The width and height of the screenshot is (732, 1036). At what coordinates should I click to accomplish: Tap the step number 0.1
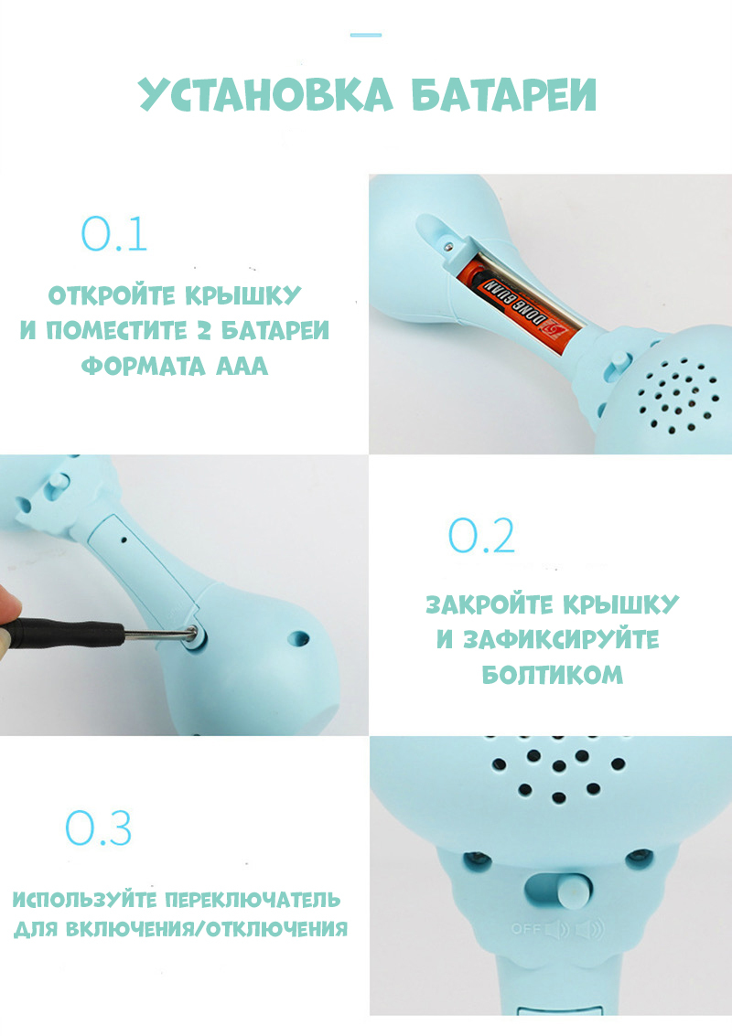(x=113, y=234)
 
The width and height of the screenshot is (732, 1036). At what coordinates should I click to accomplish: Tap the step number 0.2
(x=481, y=535)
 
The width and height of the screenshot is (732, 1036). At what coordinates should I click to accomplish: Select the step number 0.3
(x=99, y=828)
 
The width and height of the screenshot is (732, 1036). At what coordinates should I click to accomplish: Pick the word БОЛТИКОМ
(x=552, y=675)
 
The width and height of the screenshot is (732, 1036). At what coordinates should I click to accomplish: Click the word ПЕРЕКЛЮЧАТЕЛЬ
(x=252, y=899)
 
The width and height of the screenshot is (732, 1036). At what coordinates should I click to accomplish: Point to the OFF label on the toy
(x=526, y=929)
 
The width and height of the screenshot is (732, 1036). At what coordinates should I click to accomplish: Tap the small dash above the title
(x=366, y=35)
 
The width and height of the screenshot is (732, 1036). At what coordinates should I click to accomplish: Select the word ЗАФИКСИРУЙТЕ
(x=562, y=639)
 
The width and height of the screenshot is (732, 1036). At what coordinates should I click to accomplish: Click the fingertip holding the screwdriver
(x=8, y=611)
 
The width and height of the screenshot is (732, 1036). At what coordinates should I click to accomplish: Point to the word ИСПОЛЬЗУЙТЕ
(x=85, y=899)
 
